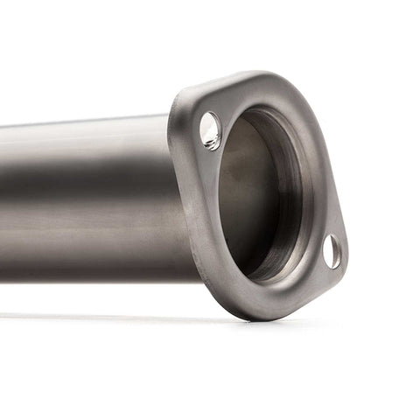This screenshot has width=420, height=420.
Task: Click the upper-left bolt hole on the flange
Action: click(210, 130)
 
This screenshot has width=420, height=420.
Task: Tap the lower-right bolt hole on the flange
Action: click(332, 251)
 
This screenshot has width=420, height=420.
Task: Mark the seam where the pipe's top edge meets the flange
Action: click(170, 116)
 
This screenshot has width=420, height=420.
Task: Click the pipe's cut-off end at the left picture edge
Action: click(3, 201)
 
